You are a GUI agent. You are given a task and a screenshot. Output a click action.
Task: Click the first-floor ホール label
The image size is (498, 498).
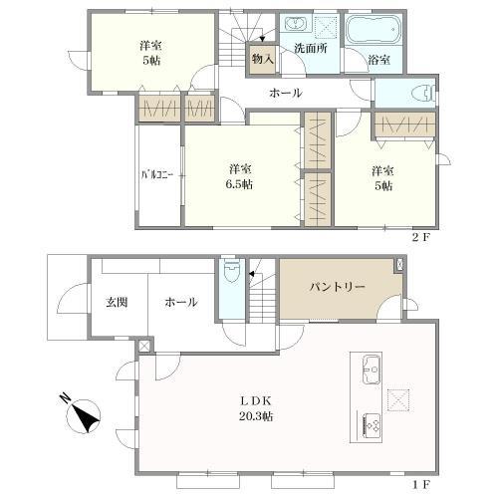tap(180, 303)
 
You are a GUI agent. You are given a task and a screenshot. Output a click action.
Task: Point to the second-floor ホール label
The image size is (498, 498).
tap(285, 94)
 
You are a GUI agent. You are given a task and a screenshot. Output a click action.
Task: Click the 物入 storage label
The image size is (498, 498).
tap(262, 60)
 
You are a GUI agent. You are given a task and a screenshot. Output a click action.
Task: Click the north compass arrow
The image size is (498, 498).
tap(82, 413)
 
